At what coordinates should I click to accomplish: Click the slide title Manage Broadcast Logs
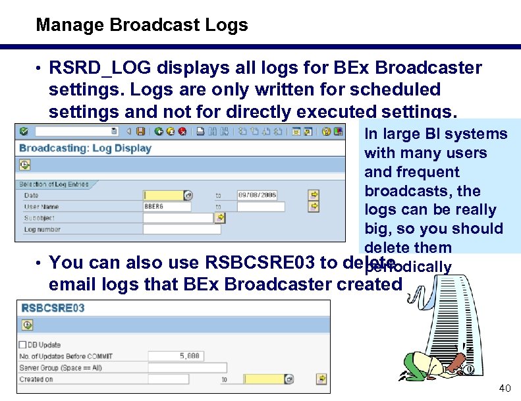(142, 26)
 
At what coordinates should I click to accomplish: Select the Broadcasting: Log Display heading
(86, 147)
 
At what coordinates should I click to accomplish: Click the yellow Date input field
(165, 195)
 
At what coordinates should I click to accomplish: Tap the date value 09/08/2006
(257, 195)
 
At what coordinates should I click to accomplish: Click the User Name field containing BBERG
(167, 206)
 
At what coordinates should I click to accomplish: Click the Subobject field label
(40, 218)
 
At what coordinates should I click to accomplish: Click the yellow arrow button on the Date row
(314, 195)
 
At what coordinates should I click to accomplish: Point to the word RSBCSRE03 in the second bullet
(260, 263)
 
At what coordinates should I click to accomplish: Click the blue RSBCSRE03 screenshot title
(52, 308)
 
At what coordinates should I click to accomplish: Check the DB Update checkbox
(23, 344)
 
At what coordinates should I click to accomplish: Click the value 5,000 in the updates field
(189, 356)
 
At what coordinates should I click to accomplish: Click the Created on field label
(36, 379)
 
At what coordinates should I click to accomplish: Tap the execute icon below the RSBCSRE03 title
(27, 325)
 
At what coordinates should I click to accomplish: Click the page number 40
(505, 388)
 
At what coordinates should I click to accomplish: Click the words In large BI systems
(435, 134)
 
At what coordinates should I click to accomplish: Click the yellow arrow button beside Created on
(321, 379)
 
